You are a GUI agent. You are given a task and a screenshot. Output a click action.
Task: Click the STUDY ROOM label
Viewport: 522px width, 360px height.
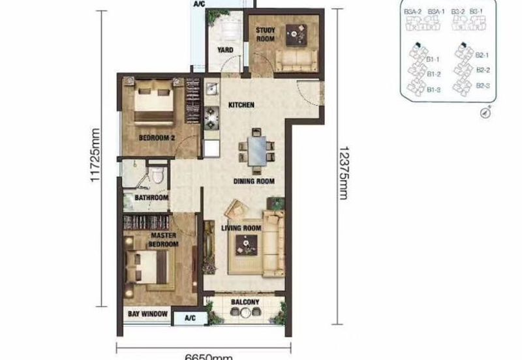pyautogui.click(x=265, y=35)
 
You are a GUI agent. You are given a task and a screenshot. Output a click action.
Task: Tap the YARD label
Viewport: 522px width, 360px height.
pyautogui.click(x=225, y=50)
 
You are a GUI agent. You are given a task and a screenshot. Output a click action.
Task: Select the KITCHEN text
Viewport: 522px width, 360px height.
pyautogui.click(x=241, y=105)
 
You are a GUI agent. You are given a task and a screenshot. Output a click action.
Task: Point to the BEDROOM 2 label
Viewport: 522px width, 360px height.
pyautogui.click(x=157, y=138)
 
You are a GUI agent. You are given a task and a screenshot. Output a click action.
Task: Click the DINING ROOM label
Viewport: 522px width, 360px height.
pyautogui.click(x=254, y=181)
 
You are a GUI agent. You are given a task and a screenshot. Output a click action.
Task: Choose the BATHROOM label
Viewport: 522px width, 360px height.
pyautogui.click(x=151, y=198)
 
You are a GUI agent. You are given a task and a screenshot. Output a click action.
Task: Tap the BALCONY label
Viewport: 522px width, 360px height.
pyautogui.click(x=245, y=303)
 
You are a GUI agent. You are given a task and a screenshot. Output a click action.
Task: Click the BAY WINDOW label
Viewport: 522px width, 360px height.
pyautogui.click(x=147, y=315)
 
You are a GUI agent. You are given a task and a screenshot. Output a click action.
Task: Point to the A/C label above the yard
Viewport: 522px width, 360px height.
pyautogui.click(x=200, y=4)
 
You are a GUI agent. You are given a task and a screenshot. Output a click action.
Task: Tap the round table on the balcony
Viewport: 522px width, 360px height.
pyautogui.click(x=245, y=313)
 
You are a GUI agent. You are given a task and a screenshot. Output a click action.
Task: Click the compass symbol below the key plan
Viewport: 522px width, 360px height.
pyautogui.click(x=485, y=112)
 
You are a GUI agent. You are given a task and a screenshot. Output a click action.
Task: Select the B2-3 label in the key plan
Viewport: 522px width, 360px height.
pyautogui.click(x=482, y=85)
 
